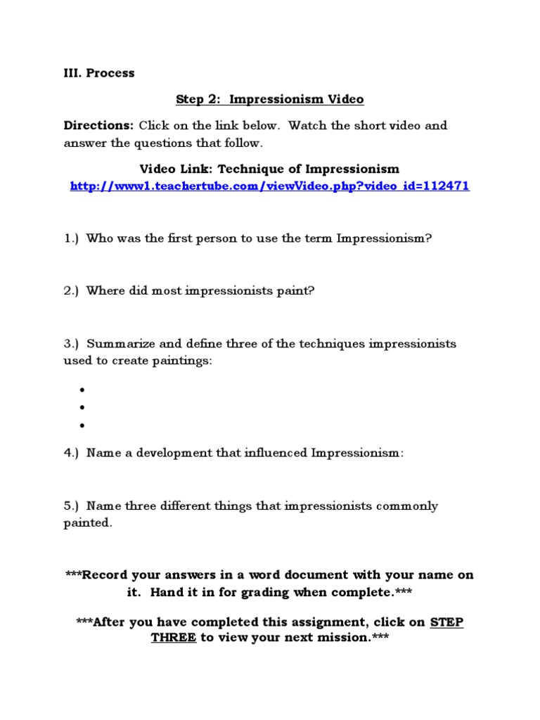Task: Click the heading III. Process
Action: click(99, 73)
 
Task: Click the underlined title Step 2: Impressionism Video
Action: click(269, 99)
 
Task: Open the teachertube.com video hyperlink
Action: click(269, 186)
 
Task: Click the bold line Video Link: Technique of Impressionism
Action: click(269, 169)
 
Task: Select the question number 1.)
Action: click(72, 238)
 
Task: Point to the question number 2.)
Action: click(72, 291)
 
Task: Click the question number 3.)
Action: click(72, 344)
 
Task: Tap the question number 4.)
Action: click(72, 454)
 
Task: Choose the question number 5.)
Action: click(72, 506)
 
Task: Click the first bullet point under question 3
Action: click(82, 390)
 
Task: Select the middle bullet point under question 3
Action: click(82, 407)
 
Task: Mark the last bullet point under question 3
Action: click(82, 425)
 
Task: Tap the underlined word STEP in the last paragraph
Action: click(446, 623)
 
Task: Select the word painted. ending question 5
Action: click(88, 524)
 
